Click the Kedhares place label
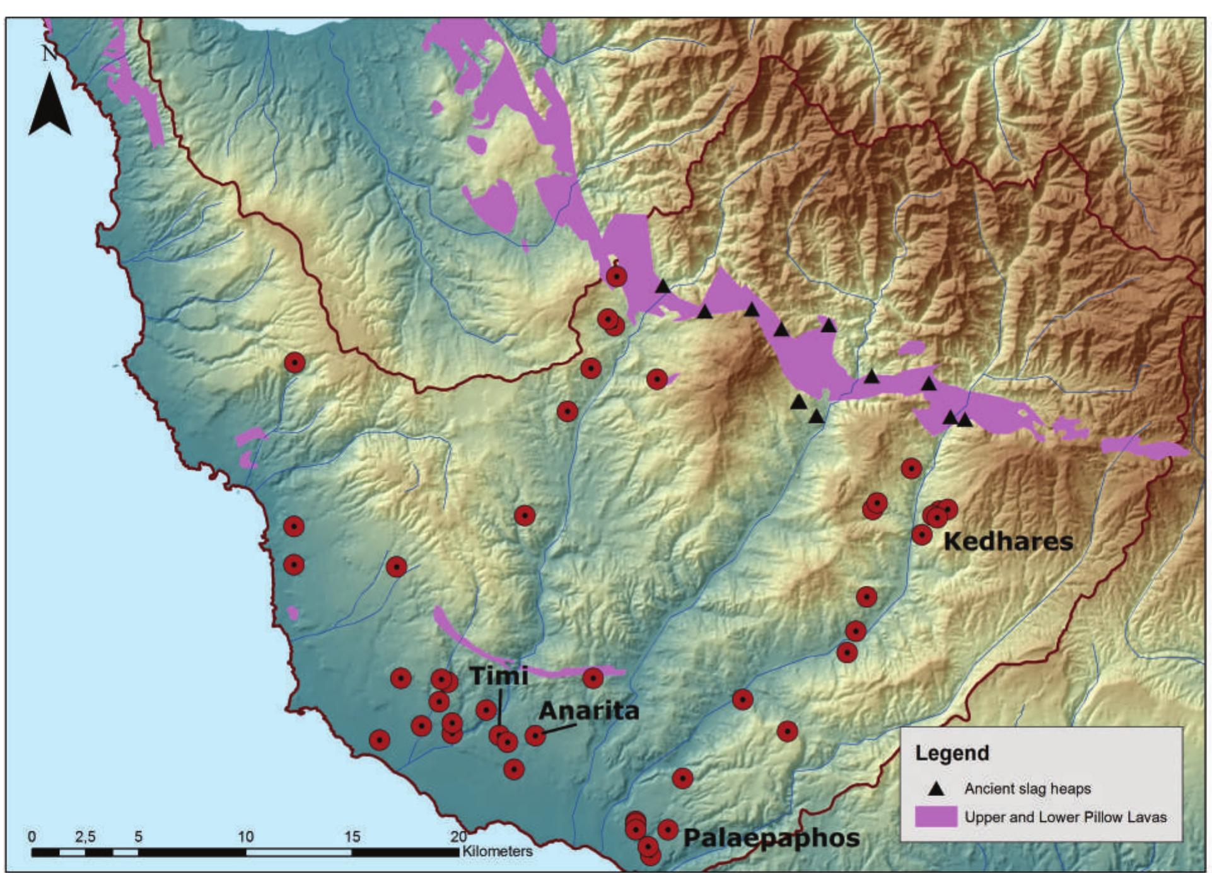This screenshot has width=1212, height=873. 1008,541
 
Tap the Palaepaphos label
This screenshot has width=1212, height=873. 772,838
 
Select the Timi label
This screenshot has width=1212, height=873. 499,676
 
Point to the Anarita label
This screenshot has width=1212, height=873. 588,711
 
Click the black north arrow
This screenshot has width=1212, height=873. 50,105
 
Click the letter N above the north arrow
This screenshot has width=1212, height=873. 49,54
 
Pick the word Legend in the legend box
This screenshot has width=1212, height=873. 952,753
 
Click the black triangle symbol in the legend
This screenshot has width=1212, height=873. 936,788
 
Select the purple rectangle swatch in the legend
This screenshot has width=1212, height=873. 936,817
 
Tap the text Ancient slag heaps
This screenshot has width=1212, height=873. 1027,789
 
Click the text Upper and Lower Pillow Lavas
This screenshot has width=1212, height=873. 1065,817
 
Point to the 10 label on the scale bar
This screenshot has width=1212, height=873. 245,836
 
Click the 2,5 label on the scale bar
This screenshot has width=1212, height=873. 85,836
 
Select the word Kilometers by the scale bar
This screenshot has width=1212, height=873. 497,851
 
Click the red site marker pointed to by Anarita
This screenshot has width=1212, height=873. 535,735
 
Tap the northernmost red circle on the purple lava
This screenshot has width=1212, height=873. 616,276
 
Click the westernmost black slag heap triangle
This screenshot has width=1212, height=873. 662,287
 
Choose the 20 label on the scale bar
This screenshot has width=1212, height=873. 458,836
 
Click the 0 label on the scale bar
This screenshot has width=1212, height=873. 32,836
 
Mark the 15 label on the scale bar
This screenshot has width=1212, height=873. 352,836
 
